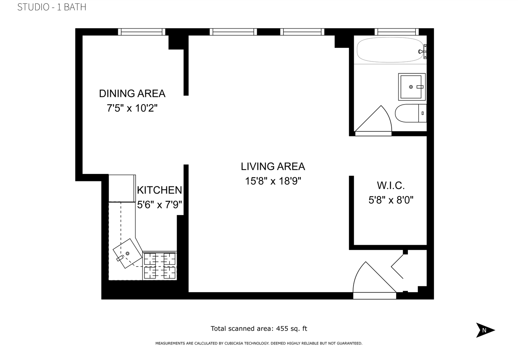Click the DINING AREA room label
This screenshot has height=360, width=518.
pyautogui.click(x=132, y=93)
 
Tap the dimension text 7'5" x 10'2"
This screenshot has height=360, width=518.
pyautogui.click(x=132, y=109)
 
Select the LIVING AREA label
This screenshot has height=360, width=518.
pyautogui.click(x=273, y=166)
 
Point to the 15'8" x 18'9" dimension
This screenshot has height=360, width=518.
pyautogui.click(x=273, y=181)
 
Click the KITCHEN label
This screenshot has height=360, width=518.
pyautogui.click(x=159, y=190)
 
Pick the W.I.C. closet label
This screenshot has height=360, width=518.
pyautogui.click(x=391, y=185)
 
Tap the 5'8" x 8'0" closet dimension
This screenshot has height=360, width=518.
pyautogui.click(x=391, y=200)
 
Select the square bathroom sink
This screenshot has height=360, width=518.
pyautogui.click(x=411, y=87)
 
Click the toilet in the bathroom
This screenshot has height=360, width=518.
pyautogui.click(x=409, y=113)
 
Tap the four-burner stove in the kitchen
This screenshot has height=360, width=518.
pyautogui.click(x=160, y=265)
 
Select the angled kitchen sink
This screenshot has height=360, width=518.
pyautogui.click(x=127, y=253)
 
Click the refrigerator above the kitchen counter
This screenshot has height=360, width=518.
pyautogui.click(x=122, y=188)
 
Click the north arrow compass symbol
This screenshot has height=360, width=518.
pyautogui.click(x=485, y=330)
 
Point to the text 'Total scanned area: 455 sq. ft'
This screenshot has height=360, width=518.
pyautogui.click(x=259, y=328)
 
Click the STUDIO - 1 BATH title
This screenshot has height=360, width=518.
pyautogui.click(x=52, y=7)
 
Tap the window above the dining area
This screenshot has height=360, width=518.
pyautogui.click(x=142, y=32)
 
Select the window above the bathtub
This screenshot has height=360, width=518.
pyautogui.click(x=396, y=32)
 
